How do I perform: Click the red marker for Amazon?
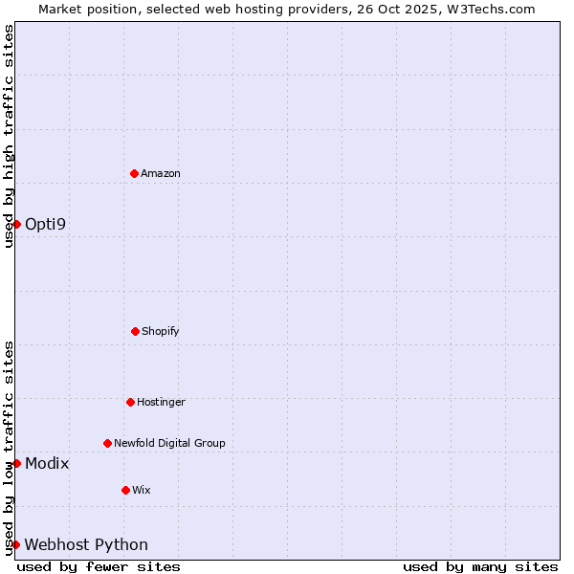(134, 173)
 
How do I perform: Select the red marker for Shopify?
(135, 331)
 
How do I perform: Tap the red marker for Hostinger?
(130, 402)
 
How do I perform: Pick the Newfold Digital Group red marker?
(107, 443)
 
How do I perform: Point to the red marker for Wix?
(125, 490)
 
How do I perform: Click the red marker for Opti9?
(16, 224)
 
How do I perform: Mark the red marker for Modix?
(16, 463)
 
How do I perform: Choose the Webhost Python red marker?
(16, 544)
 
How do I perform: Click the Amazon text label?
(161, 173)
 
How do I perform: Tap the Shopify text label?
(161, 331)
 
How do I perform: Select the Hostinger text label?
(161, 402)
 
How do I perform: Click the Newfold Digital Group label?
(169, 443)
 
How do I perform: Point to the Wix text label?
(142, 490)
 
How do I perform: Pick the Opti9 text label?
(46, 224)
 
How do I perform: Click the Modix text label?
(47, 463)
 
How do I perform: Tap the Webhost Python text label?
(86, 544)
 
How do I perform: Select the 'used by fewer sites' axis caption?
(99, 566)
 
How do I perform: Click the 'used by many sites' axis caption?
(480, 566)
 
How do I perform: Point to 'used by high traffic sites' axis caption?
(9, 136)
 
